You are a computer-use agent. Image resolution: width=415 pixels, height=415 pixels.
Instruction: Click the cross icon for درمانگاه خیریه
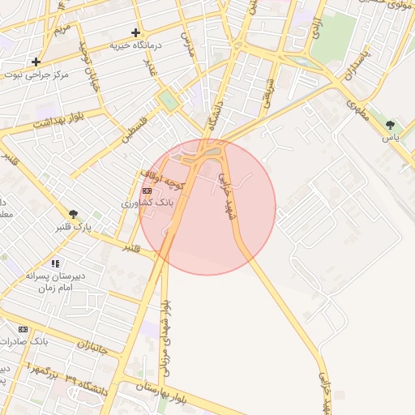coord(135,32)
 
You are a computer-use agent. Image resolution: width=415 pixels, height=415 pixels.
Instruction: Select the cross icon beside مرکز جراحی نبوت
coord(36,62)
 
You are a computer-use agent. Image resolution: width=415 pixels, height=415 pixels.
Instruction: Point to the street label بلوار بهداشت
coord(59,119)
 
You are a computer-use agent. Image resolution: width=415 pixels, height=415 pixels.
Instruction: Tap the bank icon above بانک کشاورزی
coord(147,191)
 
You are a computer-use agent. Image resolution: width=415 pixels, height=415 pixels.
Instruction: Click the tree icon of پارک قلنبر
coord(74,214)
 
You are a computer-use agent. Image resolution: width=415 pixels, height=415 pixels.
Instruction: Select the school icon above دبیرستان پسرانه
coord(55,263)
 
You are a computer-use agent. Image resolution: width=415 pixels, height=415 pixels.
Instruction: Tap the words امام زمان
coord(56,288)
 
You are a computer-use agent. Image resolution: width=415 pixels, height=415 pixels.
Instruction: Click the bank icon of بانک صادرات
coord(23,329)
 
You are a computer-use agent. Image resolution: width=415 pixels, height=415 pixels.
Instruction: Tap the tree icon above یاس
coord(391,125)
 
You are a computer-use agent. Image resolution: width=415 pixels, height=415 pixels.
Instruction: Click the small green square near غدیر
coord(168,100)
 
